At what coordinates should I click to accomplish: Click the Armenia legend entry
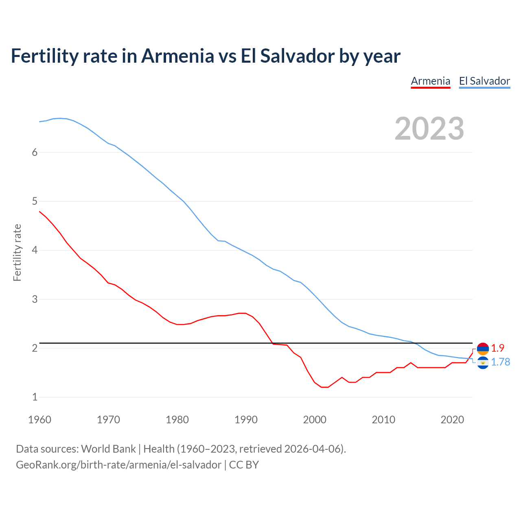tap(430, 81)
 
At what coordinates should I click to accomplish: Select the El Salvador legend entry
tap(484, 81)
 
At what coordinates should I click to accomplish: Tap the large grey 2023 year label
tap(429, 129)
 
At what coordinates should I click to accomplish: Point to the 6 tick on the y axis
tap(35, 152)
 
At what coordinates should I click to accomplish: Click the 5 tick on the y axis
tap(35, 201)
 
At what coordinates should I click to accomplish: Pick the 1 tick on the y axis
tap(35, 397)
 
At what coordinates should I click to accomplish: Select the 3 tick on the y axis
tap(35, 299)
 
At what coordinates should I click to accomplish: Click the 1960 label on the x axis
tap(39, 420)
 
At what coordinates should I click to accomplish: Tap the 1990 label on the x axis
tap(246, 420)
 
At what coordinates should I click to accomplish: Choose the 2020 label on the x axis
tap(452, 420)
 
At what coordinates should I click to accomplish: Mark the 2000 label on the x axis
tap(315, 420)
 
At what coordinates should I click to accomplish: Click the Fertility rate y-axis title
tap(17, 252)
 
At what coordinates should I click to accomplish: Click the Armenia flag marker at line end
tap(483, 348)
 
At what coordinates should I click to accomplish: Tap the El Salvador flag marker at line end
tap(483, 362)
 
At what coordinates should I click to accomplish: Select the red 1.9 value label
tap(497, 348)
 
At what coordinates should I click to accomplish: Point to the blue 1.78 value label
tap(500, 362)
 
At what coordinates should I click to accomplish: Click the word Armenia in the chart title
tap(177, 56)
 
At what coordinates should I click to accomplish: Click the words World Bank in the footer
tap(108, 449)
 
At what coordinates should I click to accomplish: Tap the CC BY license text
tap(244, 465)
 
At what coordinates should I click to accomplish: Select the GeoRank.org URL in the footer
tap(118, 465)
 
